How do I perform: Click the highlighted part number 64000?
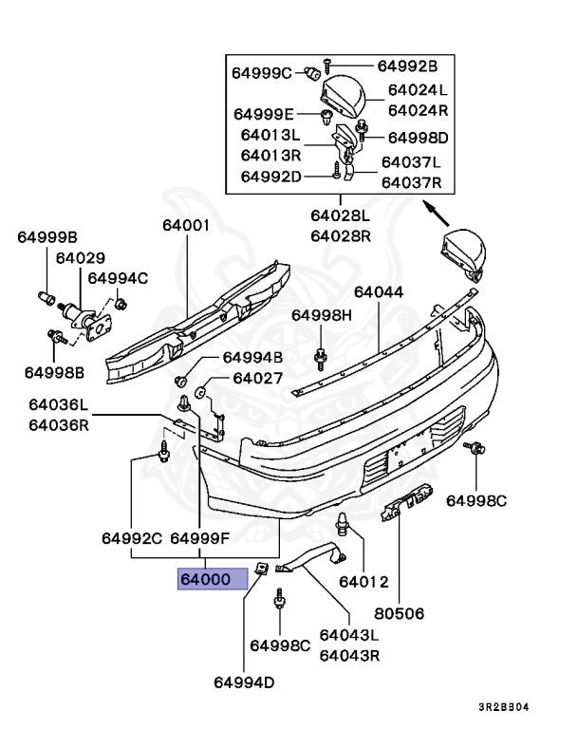[x=212, y=578]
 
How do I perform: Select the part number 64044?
[x=379, y=292]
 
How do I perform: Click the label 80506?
[x=398, y=614]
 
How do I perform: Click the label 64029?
[x=80, y=257]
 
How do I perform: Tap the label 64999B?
[x=47, y=236]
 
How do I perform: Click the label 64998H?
[x=321, y=315]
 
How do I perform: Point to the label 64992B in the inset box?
[x=407, y=65]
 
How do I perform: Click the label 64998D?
[x=418, y=138]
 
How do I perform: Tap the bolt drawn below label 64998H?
[x=321, y=357]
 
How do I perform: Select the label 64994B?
[x=252, y=358]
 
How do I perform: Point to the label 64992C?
[x=132, y=538]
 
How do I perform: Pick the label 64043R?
[x=349, y=654]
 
